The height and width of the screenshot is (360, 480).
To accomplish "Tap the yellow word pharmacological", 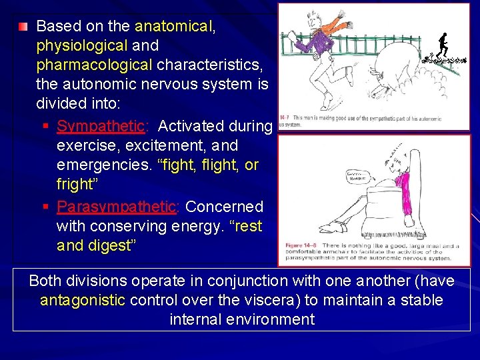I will coord(94,65).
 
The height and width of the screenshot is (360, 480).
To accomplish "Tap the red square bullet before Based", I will coord(23,27).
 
